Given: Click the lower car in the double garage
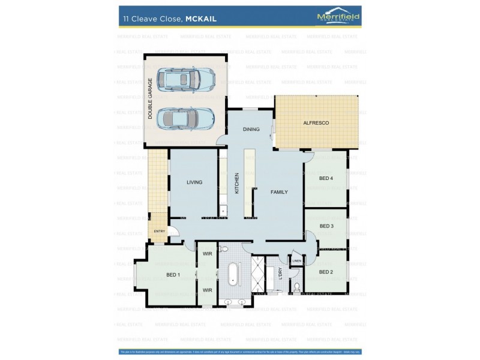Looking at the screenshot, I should (185, 118).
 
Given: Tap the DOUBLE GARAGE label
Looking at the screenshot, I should (151, 98).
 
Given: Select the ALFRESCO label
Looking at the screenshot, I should (316, 123).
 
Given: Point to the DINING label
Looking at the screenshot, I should (251, 130).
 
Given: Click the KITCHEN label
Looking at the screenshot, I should (237, 183).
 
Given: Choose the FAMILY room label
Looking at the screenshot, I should (279, 192).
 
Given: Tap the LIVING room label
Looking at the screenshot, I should (194, 182).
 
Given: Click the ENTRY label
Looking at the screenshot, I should (159, 232).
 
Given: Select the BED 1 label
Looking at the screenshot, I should (173, 275).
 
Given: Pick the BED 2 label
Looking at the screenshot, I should (326, 272).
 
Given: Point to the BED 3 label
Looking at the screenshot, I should (326, 226).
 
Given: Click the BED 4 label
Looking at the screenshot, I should (326, 178).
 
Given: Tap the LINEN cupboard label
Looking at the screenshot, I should (296, 261).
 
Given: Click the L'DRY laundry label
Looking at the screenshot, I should (280, 274).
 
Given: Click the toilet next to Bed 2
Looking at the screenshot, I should (296, 286).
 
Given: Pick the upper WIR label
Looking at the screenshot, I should (207, 254).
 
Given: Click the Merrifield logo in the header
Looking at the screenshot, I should (338, 17).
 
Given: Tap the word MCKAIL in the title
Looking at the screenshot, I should (201, 19).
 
